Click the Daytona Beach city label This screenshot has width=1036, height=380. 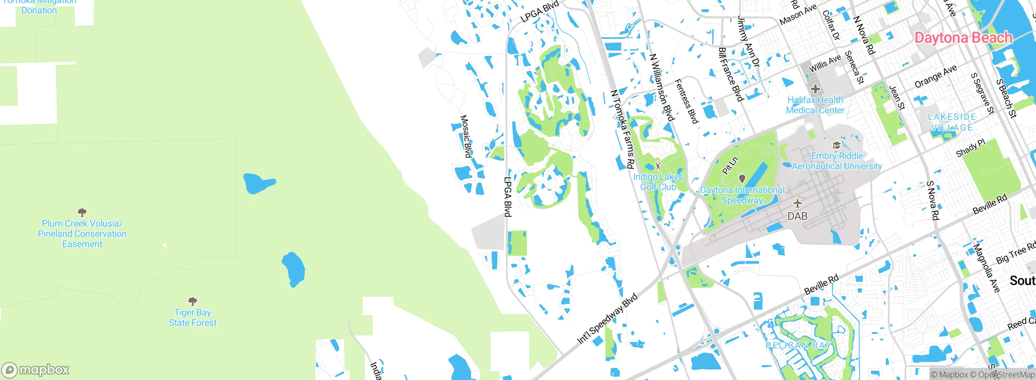(x=963, y=38)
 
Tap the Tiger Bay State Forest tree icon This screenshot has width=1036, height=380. (x=193, y=301)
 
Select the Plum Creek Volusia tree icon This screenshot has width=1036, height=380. (x=82, y=212)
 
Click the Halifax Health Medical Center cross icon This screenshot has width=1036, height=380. (x=815, y=89)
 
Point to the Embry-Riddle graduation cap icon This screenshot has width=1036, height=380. (x=836, y=145)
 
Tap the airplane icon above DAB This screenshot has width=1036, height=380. (x=797, y=203)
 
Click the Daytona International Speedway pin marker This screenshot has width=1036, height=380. (x=742, y=179)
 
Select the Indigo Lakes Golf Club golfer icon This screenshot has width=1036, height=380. (x=658, y=166)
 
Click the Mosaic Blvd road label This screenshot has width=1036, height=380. (x=466, y=137)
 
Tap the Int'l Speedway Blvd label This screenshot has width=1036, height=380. (x=607, y=319)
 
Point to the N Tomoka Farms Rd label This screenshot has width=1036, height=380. (x=622, y=129)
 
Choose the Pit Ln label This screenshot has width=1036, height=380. (x=730, y=166)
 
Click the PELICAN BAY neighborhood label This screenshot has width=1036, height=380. (x=798, y=346)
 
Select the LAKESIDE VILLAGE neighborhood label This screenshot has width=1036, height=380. (x=951, y=122)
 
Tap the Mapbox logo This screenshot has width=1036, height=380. (x=36, y=369)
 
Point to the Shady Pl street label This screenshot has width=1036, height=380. (x=970, y=148)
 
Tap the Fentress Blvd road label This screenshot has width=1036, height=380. (x=686, y=101)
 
